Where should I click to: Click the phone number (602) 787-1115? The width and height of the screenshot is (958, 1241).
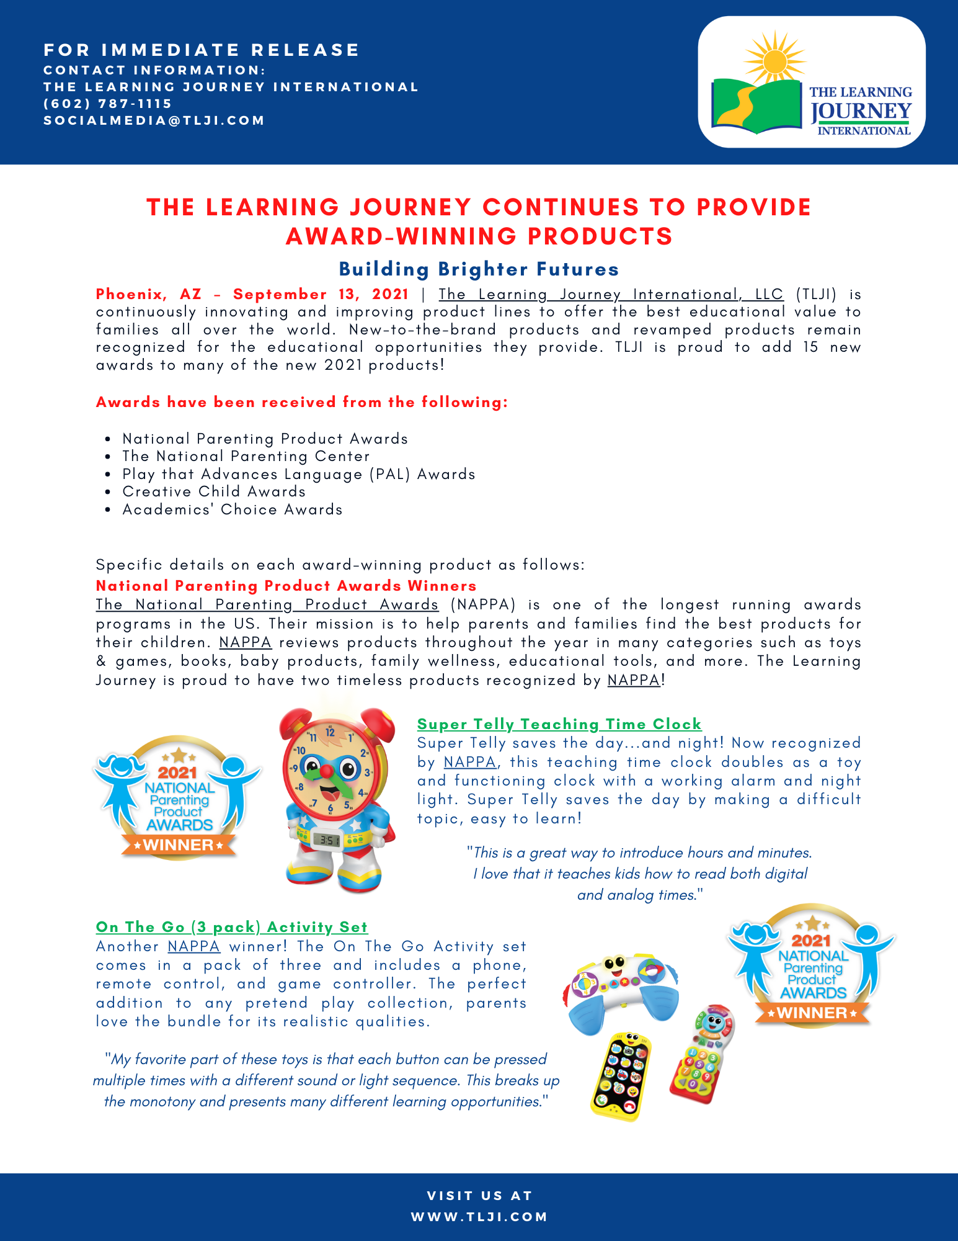coord(107,104)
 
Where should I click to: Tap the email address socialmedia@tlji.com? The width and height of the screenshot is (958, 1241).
coord(154,120)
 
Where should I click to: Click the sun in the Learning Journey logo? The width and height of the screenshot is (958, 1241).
coord(775,60)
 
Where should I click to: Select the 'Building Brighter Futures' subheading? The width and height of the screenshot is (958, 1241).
coord(479,269)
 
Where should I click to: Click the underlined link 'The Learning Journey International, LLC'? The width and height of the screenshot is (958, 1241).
coord(611,294)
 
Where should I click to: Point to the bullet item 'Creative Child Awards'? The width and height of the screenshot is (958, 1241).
coord(214,491)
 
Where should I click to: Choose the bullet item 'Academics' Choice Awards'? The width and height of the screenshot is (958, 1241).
coord(233,509)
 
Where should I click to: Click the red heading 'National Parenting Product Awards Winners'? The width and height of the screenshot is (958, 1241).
coord(286,586)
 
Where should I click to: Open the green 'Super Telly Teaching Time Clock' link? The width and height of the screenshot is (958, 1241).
coord(559,724)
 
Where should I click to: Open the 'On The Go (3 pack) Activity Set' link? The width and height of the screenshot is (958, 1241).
coord(232,927)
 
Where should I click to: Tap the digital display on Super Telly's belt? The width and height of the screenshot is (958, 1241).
coord(326,840)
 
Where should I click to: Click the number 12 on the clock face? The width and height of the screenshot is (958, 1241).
coord(330,733)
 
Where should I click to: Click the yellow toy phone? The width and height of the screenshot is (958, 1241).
coord(620,1077)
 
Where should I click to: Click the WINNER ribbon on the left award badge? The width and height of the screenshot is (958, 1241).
coord(179,845)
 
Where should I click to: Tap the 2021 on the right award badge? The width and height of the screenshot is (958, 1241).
coord(811,941)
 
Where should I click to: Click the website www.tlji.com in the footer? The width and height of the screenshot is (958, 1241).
coord(479,1217)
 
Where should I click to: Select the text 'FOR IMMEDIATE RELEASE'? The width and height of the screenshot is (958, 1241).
coord(202,50)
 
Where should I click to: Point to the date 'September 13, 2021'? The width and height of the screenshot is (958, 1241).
coord(321,294)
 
